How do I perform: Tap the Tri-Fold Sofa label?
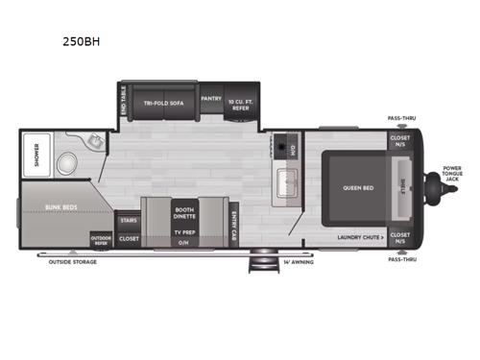tap(163, 102)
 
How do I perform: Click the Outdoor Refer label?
tap(101, 239)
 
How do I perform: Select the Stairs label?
tap(128, 220)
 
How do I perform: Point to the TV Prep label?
tap(184, 232)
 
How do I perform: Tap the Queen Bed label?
tap(357, 187)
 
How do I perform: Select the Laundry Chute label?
tap(361, 235)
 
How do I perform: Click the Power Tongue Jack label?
tap(452, 174)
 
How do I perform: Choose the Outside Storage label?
tap(72, 261)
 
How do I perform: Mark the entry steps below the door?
tap(259, 259)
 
